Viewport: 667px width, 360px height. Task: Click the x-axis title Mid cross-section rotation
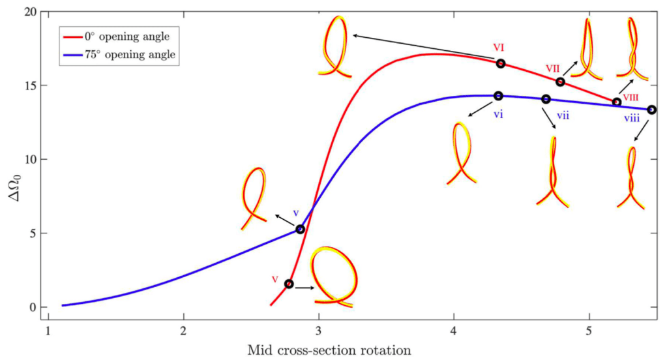pyautogui.click(x=329, y=350)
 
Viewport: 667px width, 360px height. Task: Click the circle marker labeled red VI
pyautogui.click(x=500, y=63)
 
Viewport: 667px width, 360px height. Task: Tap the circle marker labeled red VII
pyautogui.click(x=560, y=82)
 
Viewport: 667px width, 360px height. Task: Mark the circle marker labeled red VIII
pyautogui.click(x=617, y=102)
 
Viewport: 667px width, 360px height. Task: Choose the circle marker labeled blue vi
pyautogui.click(x=499, y=96)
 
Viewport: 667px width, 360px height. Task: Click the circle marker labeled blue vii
pyautogui.click(x=546, y=99)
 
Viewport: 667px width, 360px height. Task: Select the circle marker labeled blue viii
pyautogui.click(x=651, y=110)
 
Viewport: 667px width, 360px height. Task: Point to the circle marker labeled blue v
pyautogui.click(x=300, y=229)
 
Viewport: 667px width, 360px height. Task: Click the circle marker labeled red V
pyautogui.click(x=288, y=284)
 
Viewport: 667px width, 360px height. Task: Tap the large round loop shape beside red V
pyautogui.click(x=334, y=277)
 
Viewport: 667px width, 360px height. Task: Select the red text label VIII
pyautogui.click(x=630, y=97)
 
